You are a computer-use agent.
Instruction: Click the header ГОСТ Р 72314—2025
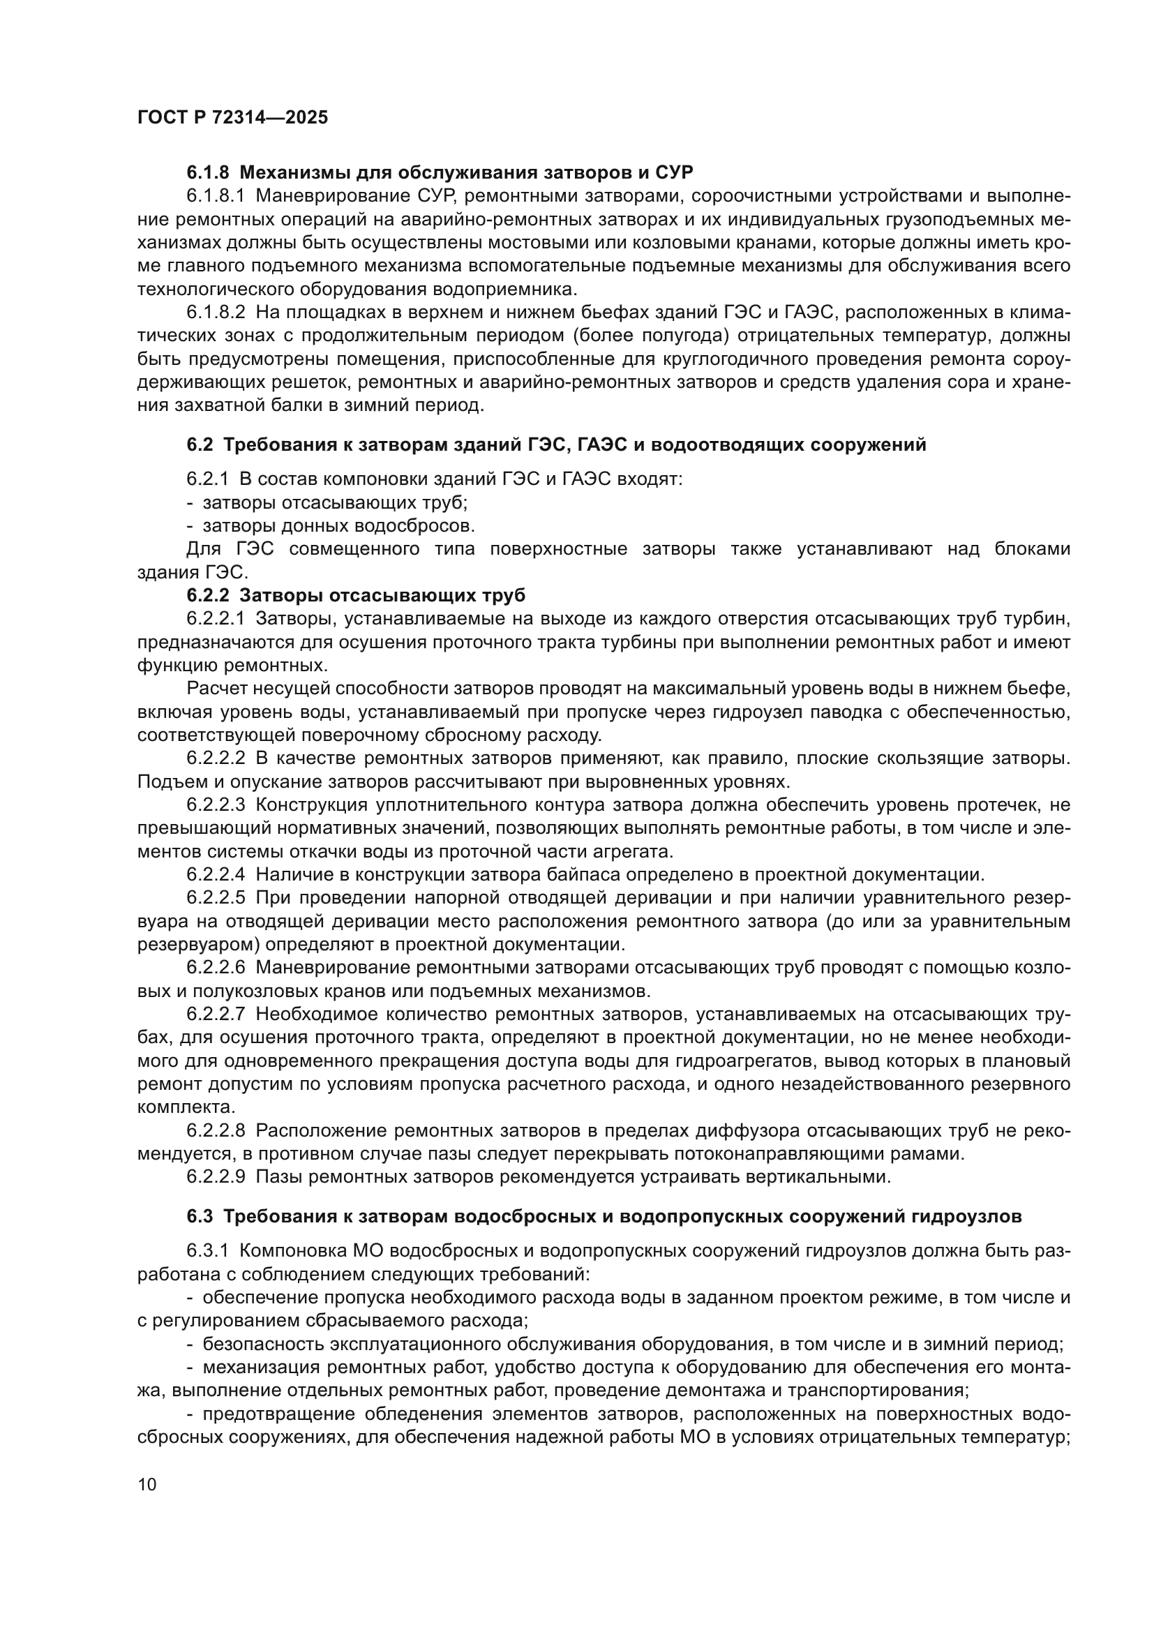[232, 118]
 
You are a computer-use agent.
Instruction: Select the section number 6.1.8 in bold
[208, 172]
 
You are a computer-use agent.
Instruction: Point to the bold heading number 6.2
[200, 445]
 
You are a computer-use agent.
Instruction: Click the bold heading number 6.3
[200, 1216]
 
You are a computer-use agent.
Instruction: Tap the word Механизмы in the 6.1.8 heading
[290, 172]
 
